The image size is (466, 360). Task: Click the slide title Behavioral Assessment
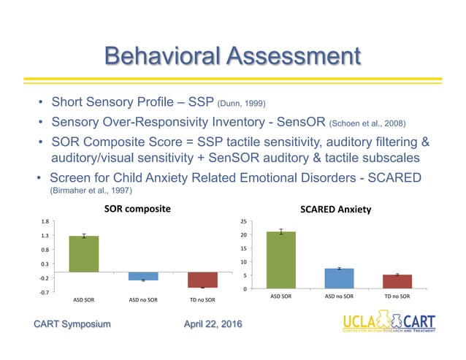click(232, 56)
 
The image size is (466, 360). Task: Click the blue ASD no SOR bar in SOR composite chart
click(144, 276)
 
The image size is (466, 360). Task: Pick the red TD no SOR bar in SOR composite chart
click(202, 280)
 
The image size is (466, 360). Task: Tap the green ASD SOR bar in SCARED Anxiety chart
click(281, 260)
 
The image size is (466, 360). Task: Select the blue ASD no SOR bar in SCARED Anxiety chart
click(340, 278)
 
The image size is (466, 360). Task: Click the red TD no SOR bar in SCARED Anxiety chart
click(398, 281)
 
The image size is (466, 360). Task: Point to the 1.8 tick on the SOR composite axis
click(45, 221)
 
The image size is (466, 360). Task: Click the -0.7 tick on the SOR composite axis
click(45, 293)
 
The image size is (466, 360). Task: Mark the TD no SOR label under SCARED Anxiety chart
click(398, 296)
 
